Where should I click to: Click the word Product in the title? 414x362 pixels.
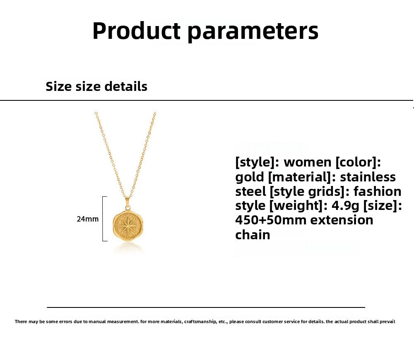(x=136, y=31)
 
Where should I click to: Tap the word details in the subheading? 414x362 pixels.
(x=126, y=86)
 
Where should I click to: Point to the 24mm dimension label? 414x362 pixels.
(x=88, y=219)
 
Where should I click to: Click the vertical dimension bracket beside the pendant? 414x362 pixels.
(x=103, y=219)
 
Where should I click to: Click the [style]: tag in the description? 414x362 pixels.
(x=257, y=162)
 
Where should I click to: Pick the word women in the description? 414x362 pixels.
(x=308, y=162)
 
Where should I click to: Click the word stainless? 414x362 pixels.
(x=368, y=177)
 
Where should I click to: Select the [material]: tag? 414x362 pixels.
(x=302, y=177)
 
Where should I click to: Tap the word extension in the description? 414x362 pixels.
(x=342, y=220)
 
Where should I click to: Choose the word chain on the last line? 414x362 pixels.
(x=253, y=235)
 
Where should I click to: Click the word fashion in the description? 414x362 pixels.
(x=378, y=191)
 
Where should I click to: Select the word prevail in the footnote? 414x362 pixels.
(x=386, y=322)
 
